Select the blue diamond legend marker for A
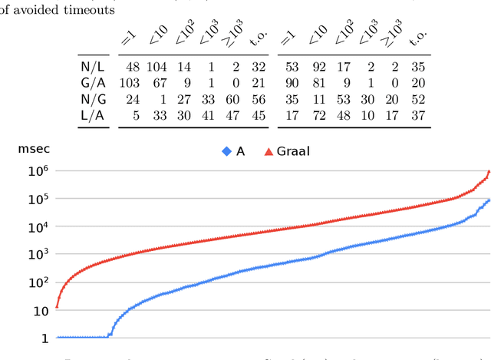226,151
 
